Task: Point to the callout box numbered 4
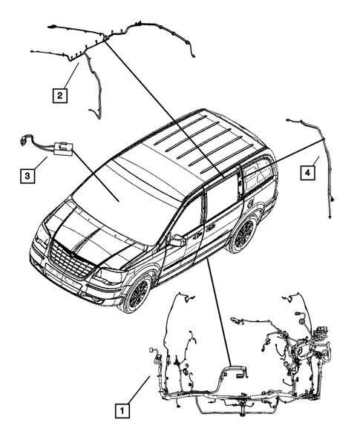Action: pos(306,174)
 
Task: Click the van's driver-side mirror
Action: pos(177,240)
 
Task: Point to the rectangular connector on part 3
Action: pos(62,150)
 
